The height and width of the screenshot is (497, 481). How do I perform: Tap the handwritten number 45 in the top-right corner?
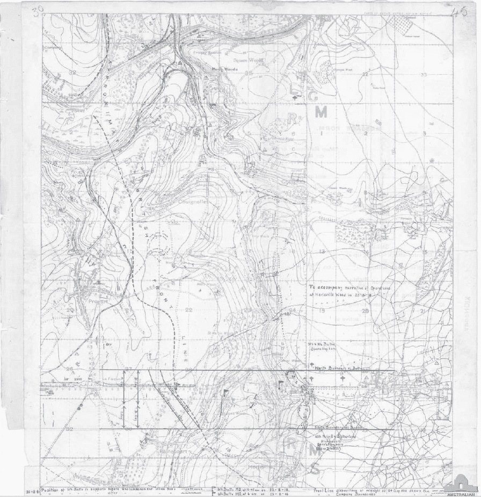pyautogui.click(x=460, y=12)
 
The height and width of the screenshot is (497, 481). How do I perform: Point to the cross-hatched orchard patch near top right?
pyautogui.click(x=399, y=22)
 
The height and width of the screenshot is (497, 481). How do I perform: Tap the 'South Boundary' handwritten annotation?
pyautogui.click(x=338, y=427)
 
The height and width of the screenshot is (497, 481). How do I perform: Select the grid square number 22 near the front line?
pyautogui.click(x=188, y=310)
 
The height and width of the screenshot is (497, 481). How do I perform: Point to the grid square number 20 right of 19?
pyautogui.click(x=366, y=311)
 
